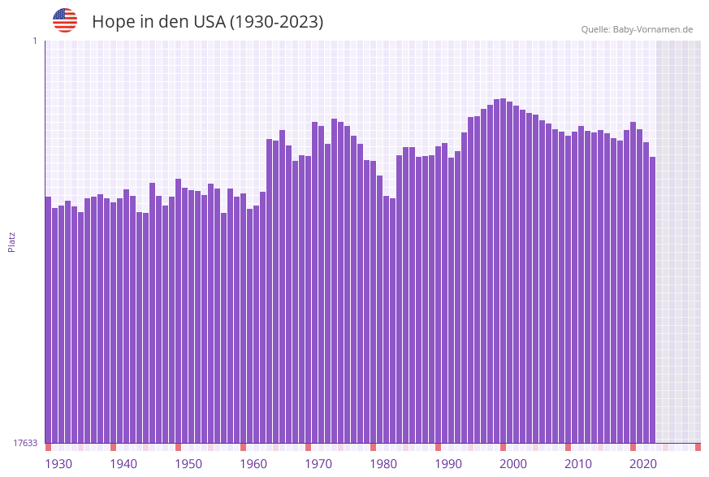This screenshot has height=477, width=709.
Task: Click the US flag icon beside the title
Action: (x=65, y=20)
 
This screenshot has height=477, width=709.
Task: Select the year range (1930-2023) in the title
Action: (x=276, y=22)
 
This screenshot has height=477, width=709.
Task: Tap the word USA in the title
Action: (x=209, y=22)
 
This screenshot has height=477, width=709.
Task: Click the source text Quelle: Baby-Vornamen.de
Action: (x=637, y=29)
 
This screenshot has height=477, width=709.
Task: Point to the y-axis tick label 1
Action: (x=34, y=41)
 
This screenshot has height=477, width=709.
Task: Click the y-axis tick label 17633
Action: (x=25, y=443)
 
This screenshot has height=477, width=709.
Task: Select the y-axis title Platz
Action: (x=12, y=241)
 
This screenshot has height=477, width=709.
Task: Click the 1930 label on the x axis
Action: (x=58, y=464)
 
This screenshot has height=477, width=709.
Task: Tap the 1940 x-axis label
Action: (x=123, y=464)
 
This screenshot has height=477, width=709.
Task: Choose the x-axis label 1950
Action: (x=188, y=464)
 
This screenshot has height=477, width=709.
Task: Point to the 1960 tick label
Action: (x=253, y=464)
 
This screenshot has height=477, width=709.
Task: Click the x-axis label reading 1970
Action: (x=318, y=464)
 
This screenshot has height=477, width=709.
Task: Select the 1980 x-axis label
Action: (x=383, y=464)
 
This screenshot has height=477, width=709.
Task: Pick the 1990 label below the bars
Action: (x=448, y=464)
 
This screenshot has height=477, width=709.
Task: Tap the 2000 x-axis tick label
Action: (x=513, y=464)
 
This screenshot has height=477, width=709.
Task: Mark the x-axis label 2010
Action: (x=578, y=464)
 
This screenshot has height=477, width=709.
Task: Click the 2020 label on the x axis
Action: (x=643, y=464)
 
